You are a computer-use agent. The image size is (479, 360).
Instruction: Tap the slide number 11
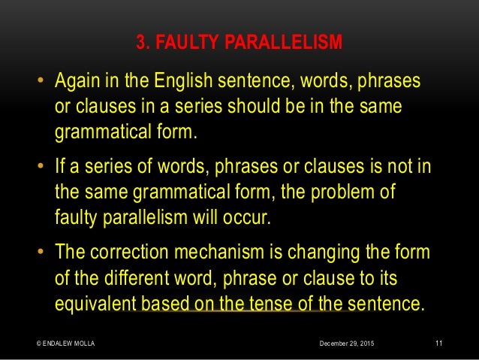(439, 343)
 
